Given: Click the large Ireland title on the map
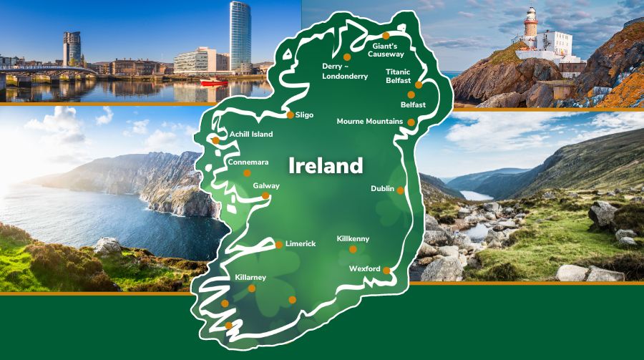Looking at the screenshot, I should click(x=325, y=166).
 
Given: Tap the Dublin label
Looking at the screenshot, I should click(x=382, y=188).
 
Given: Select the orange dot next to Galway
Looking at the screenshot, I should click(x=265, y=195).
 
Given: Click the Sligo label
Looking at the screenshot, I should click(x=304, y=115).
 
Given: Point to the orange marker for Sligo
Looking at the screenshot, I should click(x=290, y=115).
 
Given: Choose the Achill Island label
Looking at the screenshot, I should click(x=251, y=134).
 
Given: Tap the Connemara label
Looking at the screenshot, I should click(x=248, y=162).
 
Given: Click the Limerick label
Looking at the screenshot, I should click(x=301, y=243).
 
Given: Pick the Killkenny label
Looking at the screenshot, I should click(x=353, y=238).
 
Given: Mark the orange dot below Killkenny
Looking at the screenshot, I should click(x=353, y=249).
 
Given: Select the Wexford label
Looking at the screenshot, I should click(x=364, y=268).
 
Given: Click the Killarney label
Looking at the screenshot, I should click(x=250, y=277).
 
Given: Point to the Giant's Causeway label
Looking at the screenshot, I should click(x=387, y=50).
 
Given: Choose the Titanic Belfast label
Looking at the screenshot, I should click(x=398, y=77).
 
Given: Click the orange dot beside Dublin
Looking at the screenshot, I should click(x=401, y=190).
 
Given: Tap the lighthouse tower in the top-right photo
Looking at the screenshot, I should click(x=530, y=23).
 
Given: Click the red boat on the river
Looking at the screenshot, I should click(x=213, y=82).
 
